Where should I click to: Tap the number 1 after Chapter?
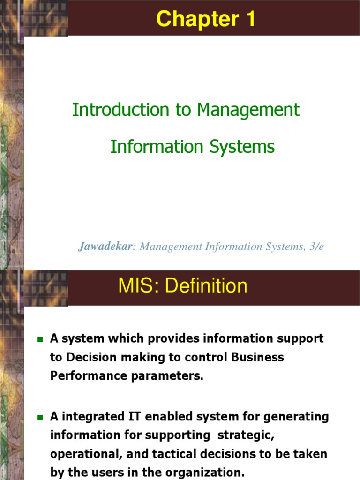pos(249,19)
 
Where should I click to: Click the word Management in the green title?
pos(248,110)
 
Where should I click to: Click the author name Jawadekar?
pos(105,247)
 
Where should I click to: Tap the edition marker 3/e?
pos(315,247)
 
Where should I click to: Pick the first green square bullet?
pos(40,338)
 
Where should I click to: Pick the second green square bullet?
pos(40,417)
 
